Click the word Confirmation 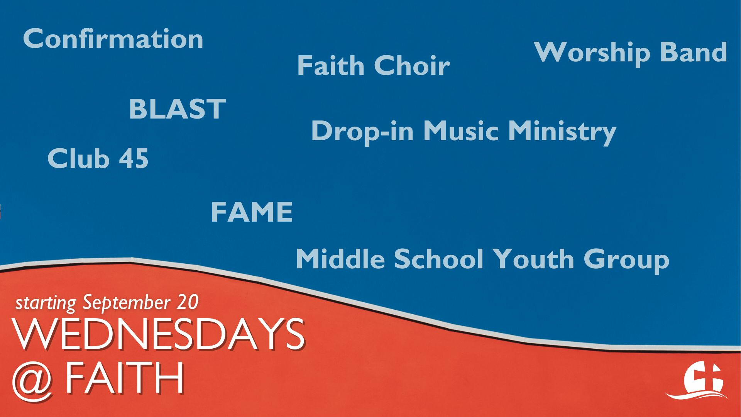tap(113, 39)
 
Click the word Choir tap(412, 65)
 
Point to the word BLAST tap(177, 109)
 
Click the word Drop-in tap(362, 131)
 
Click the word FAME tap(252, 212)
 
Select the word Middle tap(340, 259)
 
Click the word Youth tap(534, 259)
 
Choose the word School tap(439, 259)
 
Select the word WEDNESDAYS tap(159, 334)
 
